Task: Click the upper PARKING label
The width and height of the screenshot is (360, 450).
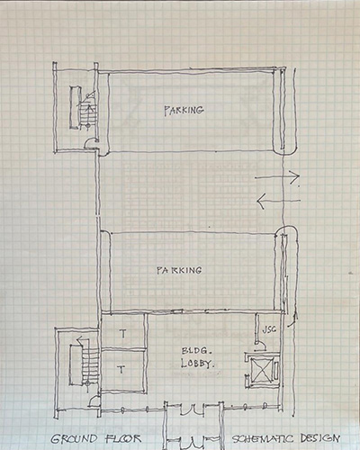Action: pyautogui.click(x=184, y=110)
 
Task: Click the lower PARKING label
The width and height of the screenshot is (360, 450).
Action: pyautogui.click(x=179, y=270)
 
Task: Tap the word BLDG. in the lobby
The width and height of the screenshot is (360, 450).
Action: pyautogui.click(x=194, y=351)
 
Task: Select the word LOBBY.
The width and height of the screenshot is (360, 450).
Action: pyautogui.click(x=197, y=364)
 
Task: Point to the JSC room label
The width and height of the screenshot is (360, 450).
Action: pyautogui.click(x=269, y=329)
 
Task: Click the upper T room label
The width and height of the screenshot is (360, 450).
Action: pyautogui.click(x=122, y=333)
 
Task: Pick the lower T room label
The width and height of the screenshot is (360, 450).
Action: pyautogui.click(x=121, y=369)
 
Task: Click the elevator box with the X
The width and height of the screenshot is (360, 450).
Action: pyautogui.click(x=262, y=370)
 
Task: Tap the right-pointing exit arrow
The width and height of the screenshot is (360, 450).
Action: pyautogui.click(x=277, y=177)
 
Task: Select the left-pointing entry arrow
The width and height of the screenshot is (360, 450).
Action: pyautogui.click(x=278, y=201)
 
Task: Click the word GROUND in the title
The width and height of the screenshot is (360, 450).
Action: pyautogui.click(x=74, y=439)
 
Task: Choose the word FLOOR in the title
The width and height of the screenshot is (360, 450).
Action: pyautogui.click(x=123, y=438)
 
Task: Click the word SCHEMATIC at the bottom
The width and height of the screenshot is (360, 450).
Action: pyautogui.click(x=262, y=439)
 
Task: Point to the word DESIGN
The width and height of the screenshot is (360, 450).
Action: pyautogui.click(x=319, y=438)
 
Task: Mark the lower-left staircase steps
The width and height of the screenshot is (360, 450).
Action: pyautogui.click(x=89, y=366)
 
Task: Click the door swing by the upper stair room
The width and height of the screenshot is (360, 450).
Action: pyautogui.click(x=90, y=143)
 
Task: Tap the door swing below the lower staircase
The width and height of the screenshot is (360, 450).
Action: pyautogui.click(x=94, y=401)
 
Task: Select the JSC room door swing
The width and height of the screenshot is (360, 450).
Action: pyautogui.click(x=260, y=345)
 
